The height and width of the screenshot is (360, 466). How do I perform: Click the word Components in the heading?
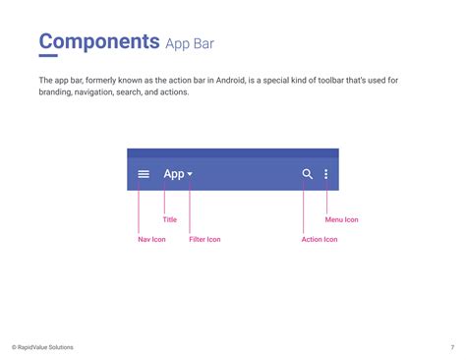99,41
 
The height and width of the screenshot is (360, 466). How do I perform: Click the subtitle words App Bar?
190,44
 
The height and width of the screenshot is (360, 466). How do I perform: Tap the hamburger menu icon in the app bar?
144,174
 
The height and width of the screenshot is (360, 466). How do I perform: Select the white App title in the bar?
174,174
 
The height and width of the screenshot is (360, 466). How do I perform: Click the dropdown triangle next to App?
190,174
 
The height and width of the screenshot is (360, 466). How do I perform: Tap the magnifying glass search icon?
308,174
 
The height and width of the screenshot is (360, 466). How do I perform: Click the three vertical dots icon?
326,174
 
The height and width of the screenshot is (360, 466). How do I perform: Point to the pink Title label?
170,219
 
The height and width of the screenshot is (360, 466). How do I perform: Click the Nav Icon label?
151,239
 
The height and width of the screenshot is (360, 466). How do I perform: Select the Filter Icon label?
204,239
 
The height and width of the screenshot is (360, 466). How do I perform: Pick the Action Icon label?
320,239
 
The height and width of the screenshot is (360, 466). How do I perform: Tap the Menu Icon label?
342,219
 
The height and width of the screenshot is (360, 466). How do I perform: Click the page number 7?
452,347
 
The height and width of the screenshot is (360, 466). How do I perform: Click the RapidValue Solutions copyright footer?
42,347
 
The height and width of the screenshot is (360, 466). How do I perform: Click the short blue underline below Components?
48,56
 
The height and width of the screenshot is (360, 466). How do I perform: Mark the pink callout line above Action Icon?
304,207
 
